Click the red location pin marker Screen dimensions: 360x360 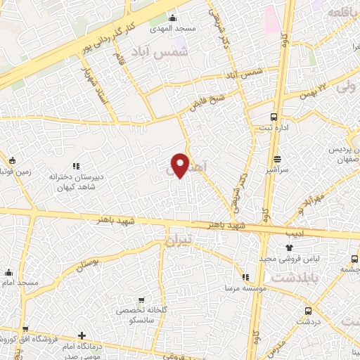click(x=181, y=165)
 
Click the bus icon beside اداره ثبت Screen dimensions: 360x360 click(x=274, y=117)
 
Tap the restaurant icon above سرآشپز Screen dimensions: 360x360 click(x=278, y=159)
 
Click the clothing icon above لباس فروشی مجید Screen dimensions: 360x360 click(x=289, y=247)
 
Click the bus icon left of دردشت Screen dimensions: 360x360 click(x=308, y=311)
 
